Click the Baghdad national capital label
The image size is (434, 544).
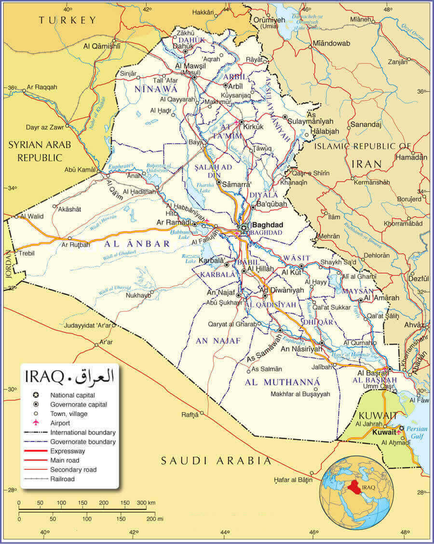click(x=268, y=225)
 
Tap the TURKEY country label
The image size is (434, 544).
click(x=68, y=20)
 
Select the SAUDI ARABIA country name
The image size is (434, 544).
click(x=216, y=460)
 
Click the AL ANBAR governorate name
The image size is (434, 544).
click(x=137, y=244)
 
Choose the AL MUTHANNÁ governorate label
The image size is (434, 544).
click(x=282, y=382)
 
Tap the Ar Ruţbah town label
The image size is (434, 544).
click(x=76, y=245)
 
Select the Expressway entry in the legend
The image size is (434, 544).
click(x=68, y=451)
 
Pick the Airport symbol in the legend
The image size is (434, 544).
click(x=35, y=423)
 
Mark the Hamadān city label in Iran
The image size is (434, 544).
click(x=411, y=157)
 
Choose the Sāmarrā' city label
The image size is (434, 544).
click(x=237, y=184)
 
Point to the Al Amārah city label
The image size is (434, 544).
click(x=381, y=298)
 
